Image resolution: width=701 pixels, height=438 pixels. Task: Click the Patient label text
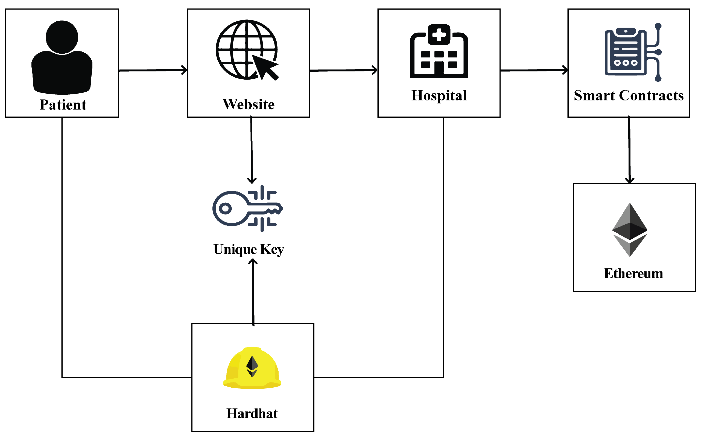point(63,105)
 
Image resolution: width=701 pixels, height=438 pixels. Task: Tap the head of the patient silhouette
point(62,37)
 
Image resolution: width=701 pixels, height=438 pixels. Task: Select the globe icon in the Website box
point(243,49)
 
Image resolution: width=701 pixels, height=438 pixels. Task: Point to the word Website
point(248,104)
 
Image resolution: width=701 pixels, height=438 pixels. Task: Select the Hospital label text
point(439,95)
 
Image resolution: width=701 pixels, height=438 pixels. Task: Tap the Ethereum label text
point(633,274)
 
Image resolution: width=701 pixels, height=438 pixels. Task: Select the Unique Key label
point(249,250)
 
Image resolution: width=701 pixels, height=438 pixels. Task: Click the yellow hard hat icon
point(252,368)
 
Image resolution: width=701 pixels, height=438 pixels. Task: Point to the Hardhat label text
point(252,414)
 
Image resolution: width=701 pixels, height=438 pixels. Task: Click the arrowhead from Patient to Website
point(185,70)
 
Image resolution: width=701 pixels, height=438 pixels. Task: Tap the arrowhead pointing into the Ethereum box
point(630,181)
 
